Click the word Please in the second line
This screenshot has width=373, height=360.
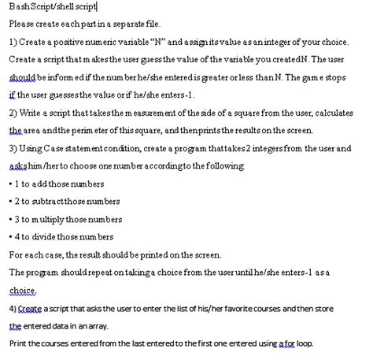pyautogui.click(x=21, y=24)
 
